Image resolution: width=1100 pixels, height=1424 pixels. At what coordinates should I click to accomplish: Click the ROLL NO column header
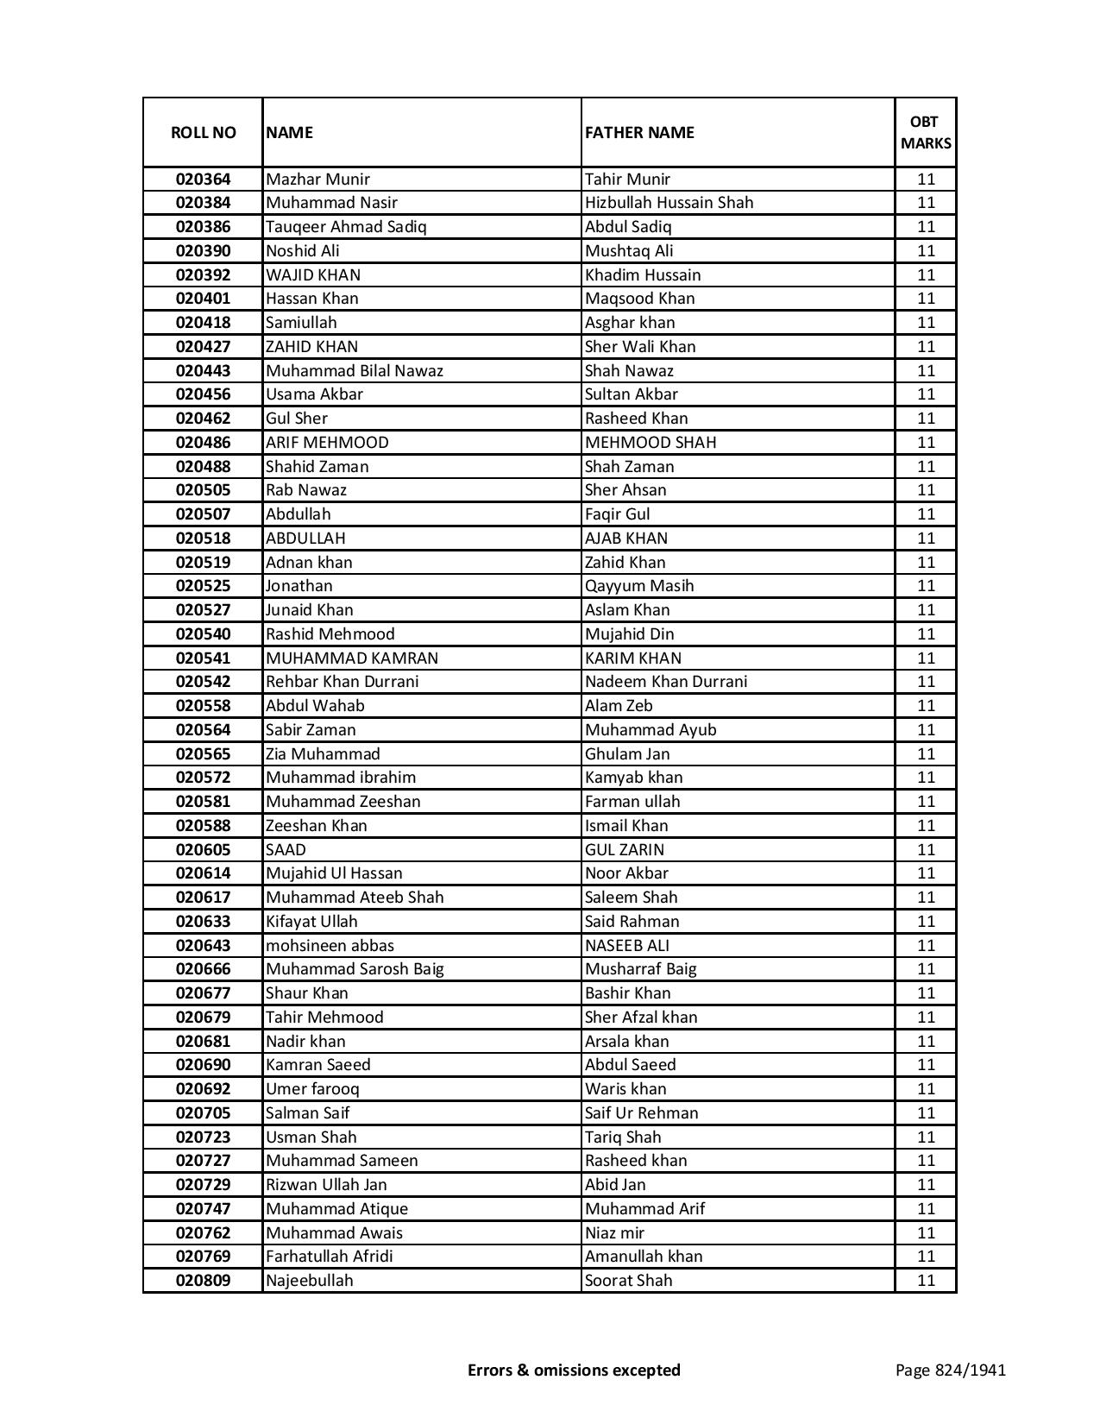[x=203, y=133]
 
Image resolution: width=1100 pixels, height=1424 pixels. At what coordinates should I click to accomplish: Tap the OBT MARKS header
[x=926, y=133]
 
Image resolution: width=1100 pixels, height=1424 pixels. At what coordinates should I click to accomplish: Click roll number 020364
[x=203, y=180]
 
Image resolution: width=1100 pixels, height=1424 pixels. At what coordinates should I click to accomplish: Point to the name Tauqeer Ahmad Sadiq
[x=346, y=227]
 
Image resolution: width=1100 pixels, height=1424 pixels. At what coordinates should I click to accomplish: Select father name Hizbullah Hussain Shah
[x=669, y=203]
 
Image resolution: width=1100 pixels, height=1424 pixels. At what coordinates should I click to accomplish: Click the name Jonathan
[x=299, y=586]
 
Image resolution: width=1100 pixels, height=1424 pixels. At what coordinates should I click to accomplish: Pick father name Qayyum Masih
[x=639, y=586]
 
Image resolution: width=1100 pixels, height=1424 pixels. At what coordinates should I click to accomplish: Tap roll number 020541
[x=203, y=658]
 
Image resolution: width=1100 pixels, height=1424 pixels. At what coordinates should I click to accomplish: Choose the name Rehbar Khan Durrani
[x=342, y=682]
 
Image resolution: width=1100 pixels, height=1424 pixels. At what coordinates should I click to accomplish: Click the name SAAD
[x=286, y=849]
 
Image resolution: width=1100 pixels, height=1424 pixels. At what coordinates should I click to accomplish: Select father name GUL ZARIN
[x=625, y=849]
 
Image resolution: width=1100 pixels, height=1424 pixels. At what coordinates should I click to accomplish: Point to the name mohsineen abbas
[x=330, y=945]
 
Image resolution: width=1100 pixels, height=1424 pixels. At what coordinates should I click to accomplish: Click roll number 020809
[x=203, y=1281]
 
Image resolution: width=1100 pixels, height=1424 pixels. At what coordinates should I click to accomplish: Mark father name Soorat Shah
[x=628, y=1281]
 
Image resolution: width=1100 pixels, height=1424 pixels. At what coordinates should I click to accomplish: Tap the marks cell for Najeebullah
[x=926, y=1281]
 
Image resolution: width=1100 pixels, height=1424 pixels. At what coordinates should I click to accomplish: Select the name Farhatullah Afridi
[x=330, y=1257]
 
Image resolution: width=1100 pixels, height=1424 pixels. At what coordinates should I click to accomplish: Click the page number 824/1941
[x=950, y=1370]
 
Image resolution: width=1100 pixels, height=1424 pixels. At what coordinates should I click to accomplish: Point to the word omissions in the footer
[x=573, y=1370]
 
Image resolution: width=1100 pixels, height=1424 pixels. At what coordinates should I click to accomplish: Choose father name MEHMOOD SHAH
[x=651, y=443]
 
